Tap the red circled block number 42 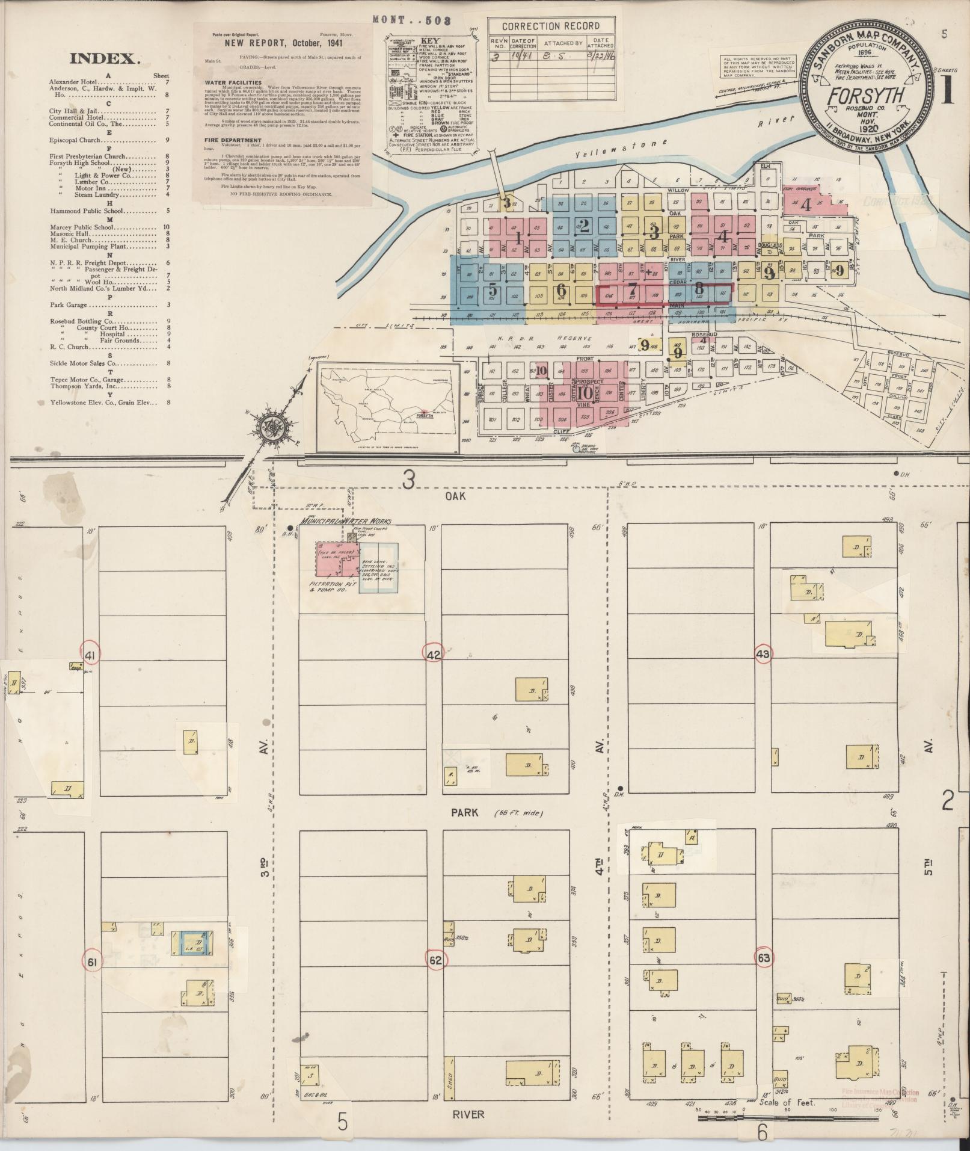pos(434,654)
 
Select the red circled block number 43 pos(763,653)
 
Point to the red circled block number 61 pos(92,963)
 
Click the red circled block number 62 pos(435,961)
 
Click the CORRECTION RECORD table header pos(551,26)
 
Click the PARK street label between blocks pos(466,813)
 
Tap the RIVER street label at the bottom pos(469,1114)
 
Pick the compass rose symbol pos(269,425)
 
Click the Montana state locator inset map pos(384,406)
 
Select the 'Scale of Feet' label pos(787,1103)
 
